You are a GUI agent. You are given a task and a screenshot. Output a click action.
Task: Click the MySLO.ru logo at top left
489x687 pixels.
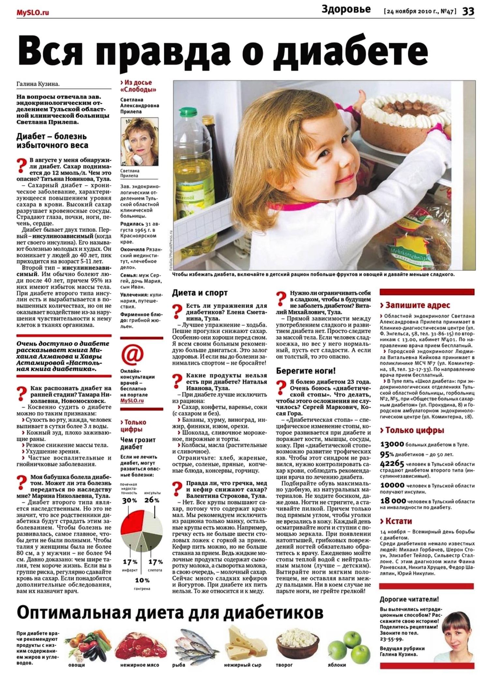(33, 13)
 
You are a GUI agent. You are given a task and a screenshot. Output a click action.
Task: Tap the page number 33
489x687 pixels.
(468, 11)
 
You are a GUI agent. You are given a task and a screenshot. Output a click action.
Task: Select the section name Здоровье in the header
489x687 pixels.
(346, 9)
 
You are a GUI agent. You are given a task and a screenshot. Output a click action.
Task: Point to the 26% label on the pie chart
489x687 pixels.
(152, 500)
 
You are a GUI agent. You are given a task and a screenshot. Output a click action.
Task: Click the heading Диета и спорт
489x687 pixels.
(200, 293)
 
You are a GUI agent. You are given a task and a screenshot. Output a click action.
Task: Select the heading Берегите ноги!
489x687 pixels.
(306, 371)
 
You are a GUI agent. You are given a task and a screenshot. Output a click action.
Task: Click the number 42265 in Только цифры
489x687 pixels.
(392, 464)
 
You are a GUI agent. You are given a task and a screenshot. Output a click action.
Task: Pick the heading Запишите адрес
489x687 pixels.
(415, 305)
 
